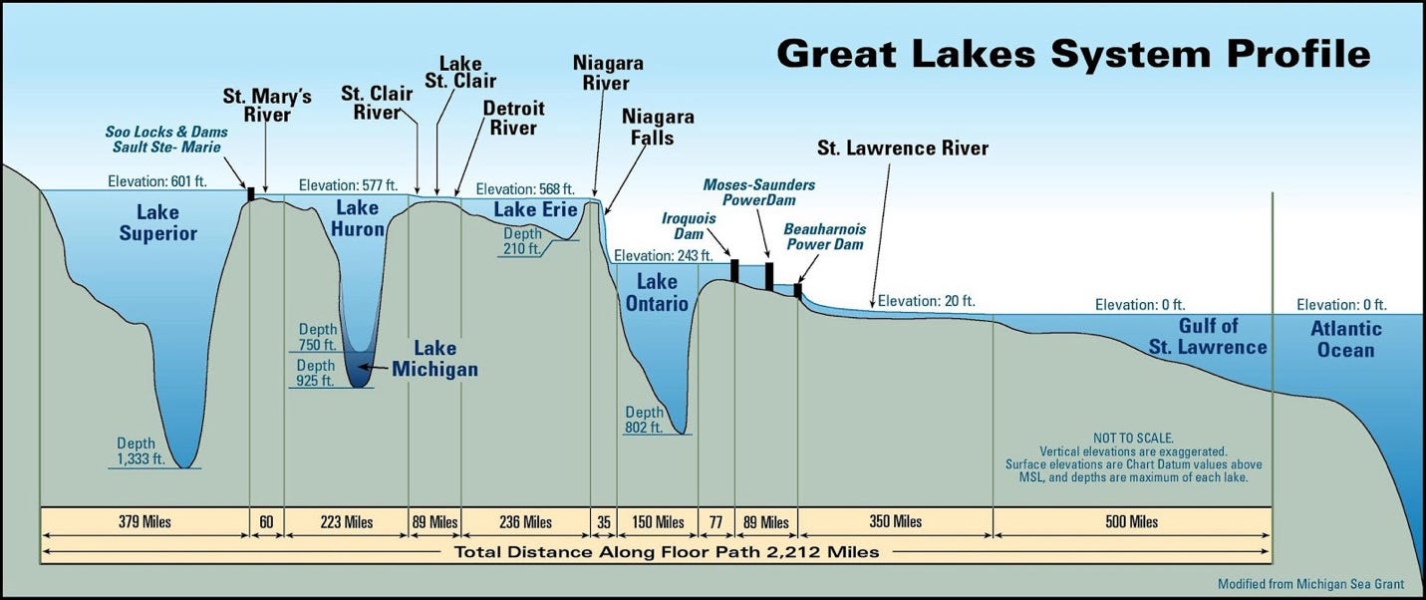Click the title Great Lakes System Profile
(1073, 53)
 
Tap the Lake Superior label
(158, 223)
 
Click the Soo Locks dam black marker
(251, 193)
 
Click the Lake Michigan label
(434, 359)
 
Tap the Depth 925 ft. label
(315, 373)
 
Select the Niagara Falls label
(658, 128)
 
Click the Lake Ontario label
(657, 293)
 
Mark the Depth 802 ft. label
(644, 420)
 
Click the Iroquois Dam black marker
(734, 270)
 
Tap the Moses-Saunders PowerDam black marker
(768, 276)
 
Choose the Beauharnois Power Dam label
(823, 235)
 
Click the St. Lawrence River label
(903, 149)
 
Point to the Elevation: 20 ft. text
(926, 300)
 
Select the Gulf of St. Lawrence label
(1208, 336)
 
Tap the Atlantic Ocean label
(1346, 339)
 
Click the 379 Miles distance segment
(144, 521)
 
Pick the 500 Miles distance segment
(1131, 521)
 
